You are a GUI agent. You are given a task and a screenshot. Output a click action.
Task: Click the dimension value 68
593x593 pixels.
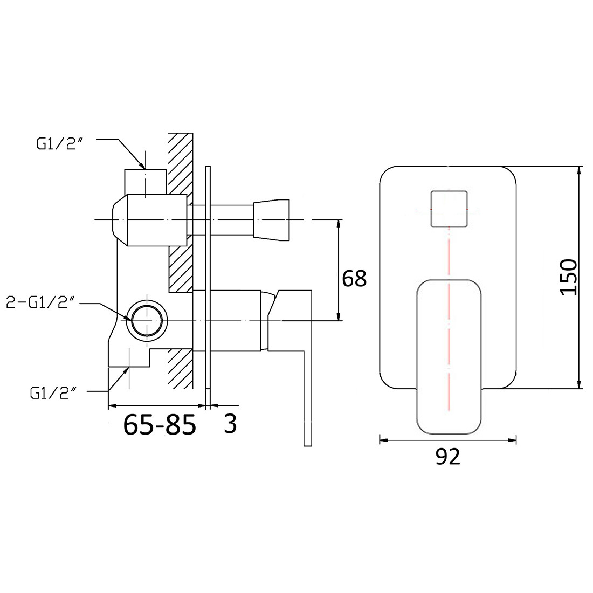(354, 279)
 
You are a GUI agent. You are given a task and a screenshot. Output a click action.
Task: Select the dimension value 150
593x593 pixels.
(568, 277)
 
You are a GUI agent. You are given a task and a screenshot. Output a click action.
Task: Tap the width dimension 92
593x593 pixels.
(448, 456)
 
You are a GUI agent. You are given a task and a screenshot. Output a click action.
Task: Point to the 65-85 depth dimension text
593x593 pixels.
(160, 424)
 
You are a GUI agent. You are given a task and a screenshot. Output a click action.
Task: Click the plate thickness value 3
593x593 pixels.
(230, 424)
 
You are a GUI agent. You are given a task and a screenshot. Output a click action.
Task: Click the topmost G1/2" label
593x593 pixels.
(59, 144)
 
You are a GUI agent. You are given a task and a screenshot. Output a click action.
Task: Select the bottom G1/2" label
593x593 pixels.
(53, 394)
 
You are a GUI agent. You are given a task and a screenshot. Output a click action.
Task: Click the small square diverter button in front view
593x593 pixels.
(449, 209)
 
